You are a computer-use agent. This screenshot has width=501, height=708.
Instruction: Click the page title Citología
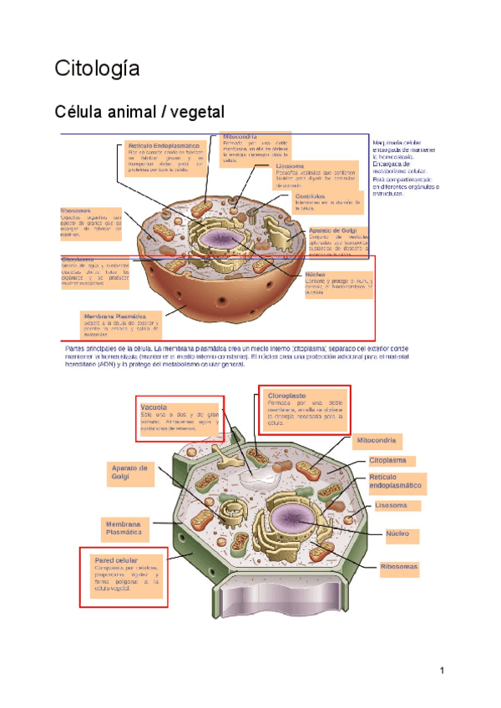pos(97,68)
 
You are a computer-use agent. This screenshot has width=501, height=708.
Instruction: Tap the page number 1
pos(443,670)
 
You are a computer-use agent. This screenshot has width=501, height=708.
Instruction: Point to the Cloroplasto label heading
pos(286,395)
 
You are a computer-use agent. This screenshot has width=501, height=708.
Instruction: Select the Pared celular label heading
pos(116,560)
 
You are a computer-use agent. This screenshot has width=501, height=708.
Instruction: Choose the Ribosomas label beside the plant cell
pos(398,567)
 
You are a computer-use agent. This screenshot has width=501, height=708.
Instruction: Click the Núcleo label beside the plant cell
pos(402,533)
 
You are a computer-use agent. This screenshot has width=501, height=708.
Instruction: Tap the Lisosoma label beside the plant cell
pos(396,505)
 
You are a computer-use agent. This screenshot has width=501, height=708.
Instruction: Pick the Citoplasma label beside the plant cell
pos(387,460)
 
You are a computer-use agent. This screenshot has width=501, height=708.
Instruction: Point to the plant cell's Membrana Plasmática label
pos(124,528)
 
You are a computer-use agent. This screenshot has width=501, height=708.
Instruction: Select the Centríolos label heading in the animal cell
pos(310,196)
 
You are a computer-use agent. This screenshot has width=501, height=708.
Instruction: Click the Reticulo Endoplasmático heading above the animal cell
pos(164,146)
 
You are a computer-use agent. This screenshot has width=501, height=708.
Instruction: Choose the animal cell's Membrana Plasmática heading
pos(115,316)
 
